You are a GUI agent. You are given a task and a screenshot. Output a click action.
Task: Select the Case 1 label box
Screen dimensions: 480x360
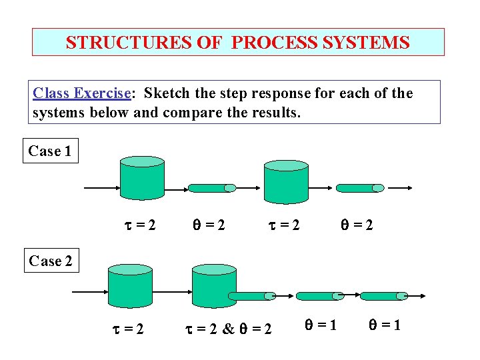[50, 151]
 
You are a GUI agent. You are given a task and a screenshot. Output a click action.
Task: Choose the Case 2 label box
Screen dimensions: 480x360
[50, 261]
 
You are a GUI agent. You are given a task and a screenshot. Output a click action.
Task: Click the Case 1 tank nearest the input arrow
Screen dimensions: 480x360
[141, 177]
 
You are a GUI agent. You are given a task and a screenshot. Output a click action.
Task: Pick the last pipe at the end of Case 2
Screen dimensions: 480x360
[383, 295]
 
